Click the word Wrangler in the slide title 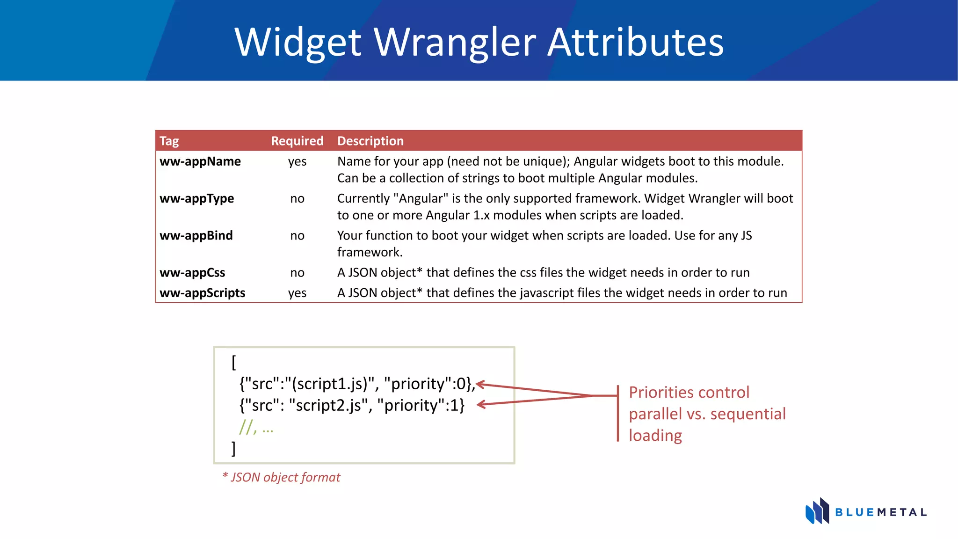pyautogui.click(x=455, y=43)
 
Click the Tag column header pyautogui.click(x=169, y=141)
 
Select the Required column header pyautogui.click(x=297, y=141)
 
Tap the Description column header pyautogui.click(x=370, y=141)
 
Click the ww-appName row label pyautogui.click(x=200, y=161)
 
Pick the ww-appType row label pyautogui.click(x=196, y=198)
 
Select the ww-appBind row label pyautogui.click(x=196, y=235)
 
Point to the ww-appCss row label pyautogui.click(x=192, y=272)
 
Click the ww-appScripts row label pyautogui.click(x=202, y=293)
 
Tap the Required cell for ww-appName pyautogui.click(x=297, y=161)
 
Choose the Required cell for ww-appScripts pyautogui.click(x=297, y=293)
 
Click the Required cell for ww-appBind pyautogui.click(x=297, y=235)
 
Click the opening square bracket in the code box pyautogui.click(x=234, y=362)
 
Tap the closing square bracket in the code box pyautogui.click(x=233, y=448)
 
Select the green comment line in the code pyautogui.click(x=256, y=427)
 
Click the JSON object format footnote pyautogui.click(x=281, y=477)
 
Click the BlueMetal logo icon pyautogui.click(x=817, y=511)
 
